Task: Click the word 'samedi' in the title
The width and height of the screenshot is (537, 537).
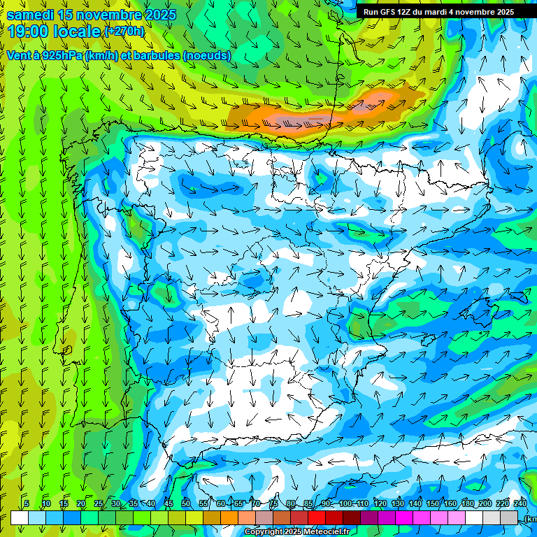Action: point(32,15)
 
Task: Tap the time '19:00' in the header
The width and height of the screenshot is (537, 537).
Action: point(29,31)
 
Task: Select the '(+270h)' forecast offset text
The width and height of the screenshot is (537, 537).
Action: point(124,31)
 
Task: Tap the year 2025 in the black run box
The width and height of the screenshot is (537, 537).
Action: point(500,12)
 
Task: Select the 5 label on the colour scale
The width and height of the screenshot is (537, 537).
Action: point(27,503)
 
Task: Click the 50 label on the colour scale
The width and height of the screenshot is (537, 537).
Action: point(186,503)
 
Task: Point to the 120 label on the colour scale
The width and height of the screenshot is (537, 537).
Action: point(380,503)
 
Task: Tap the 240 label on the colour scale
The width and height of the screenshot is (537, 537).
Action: point(520,503)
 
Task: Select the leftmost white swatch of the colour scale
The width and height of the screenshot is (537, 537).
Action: point(20,517)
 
